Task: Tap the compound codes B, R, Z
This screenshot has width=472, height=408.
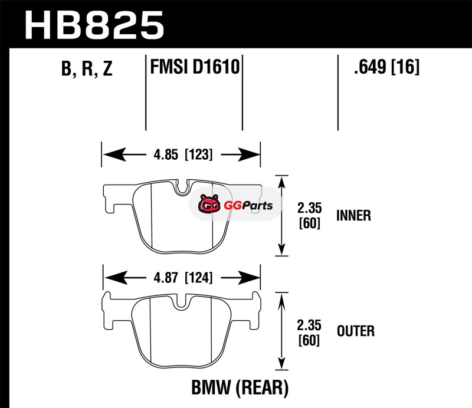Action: click(x=86, y=70)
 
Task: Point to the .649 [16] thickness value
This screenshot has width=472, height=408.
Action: click(x=386, y=68)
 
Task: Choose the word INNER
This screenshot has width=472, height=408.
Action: click(x=353, y=216)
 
